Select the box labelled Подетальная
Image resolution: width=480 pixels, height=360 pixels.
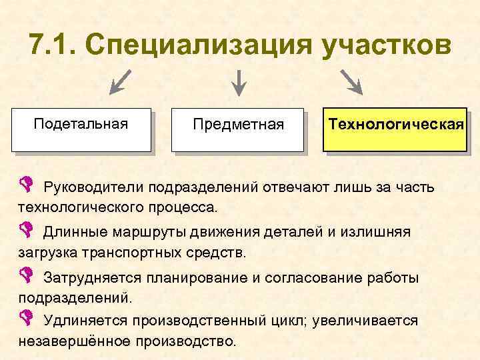81,129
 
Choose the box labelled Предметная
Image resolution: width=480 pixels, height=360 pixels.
237,129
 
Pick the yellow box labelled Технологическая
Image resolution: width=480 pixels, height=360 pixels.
395,129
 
